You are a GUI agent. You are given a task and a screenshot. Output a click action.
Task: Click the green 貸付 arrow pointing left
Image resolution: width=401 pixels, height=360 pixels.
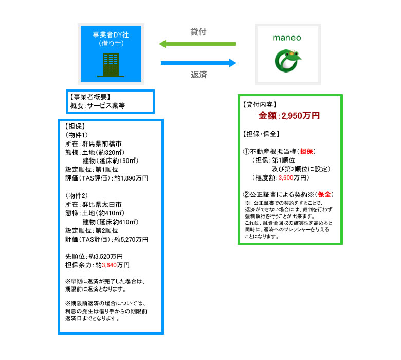[197, 44]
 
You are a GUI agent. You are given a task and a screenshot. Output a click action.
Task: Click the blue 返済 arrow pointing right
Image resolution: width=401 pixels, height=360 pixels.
[198, 63]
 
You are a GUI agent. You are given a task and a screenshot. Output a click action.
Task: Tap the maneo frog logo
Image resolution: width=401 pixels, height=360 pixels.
[287, 61]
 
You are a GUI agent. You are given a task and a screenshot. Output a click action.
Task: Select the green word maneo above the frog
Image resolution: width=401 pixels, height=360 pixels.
[287, 38]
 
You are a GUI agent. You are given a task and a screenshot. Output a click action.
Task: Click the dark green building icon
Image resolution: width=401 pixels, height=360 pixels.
[111, 65]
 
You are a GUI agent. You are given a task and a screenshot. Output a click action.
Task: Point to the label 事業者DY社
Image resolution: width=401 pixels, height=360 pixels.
[111, 35]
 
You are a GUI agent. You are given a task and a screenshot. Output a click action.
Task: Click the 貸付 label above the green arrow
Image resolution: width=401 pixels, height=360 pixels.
[198, 32]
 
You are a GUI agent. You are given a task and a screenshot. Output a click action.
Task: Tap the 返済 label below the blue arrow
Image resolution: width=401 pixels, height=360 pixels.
[199, 75]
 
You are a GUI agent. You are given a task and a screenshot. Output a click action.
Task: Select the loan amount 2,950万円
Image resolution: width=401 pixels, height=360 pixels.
[301, 116]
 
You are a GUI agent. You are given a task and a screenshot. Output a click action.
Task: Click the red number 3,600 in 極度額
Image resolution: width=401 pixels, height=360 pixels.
[286, 178]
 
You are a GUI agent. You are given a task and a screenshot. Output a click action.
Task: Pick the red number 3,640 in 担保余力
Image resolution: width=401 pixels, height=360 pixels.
[109, 265]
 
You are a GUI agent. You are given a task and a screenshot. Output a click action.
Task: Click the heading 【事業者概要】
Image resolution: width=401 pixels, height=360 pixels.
[90, 97]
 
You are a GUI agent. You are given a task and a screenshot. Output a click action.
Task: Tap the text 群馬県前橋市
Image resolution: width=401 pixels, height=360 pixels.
[102, 144]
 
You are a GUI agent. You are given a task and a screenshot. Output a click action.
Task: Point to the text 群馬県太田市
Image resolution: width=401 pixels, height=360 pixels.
[102, 205]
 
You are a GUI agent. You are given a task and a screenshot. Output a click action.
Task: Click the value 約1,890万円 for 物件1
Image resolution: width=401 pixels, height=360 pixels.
[131, 178]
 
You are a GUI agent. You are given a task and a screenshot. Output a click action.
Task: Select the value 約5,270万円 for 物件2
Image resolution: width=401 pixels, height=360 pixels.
[131, 240]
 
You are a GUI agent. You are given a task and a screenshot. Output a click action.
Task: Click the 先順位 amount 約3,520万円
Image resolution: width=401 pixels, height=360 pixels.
[105, 257]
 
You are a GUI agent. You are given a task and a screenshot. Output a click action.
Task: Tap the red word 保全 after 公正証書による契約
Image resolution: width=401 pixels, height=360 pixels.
[324, 195]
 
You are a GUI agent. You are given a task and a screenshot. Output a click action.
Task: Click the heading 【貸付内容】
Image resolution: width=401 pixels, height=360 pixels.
[260, 104]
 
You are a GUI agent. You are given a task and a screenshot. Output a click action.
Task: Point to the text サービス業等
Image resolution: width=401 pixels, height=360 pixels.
[106, 105]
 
